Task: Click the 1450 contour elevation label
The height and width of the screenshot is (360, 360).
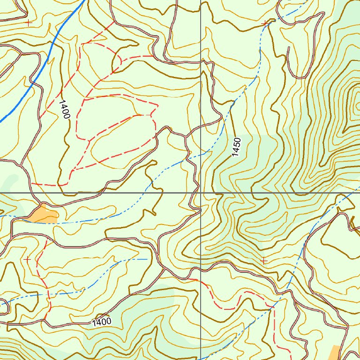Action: click(x=236, y=147)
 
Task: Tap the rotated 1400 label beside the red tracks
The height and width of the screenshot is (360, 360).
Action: click(x=64, y=108)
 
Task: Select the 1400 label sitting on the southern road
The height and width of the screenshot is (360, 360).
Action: click(x=102, y=322)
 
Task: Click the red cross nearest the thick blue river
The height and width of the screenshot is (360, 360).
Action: click(x=29, y=22)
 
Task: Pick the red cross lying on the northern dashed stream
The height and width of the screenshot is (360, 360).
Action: click(x=265, y=22)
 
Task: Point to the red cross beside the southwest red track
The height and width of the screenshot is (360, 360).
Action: click(x=27, y=259)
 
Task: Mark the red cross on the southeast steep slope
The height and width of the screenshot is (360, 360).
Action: click(x=264, y=260)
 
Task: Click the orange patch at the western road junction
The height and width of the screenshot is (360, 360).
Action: click(x=44, y=214)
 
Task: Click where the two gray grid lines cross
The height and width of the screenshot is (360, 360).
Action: click(x=201, y=193)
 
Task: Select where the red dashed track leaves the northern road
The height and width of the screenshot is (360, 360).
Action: click(x=114, y=22)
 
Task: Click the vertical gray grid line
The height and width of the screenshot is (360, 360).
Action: click(x=201, y=94)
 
